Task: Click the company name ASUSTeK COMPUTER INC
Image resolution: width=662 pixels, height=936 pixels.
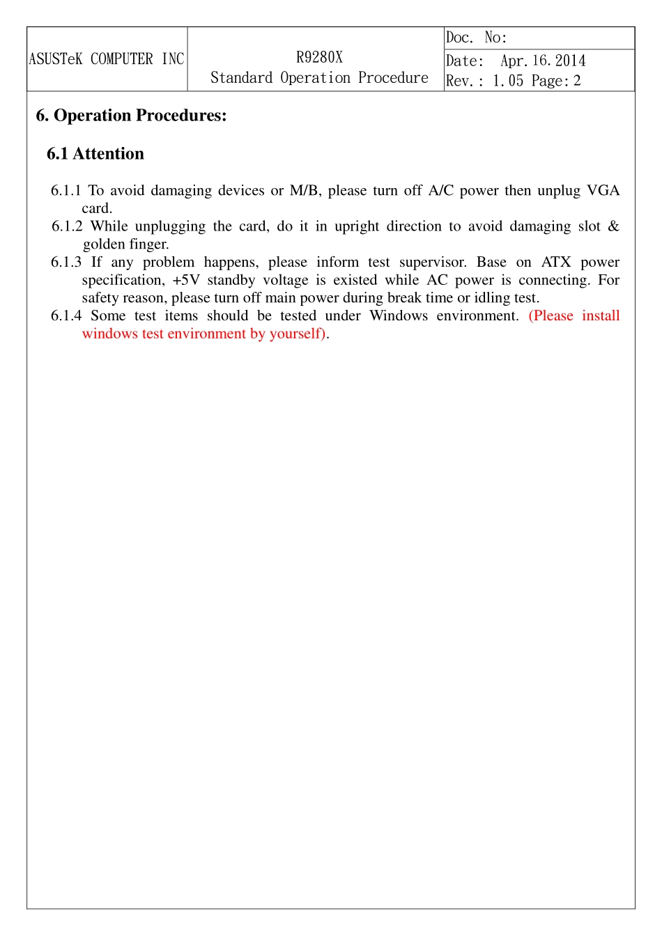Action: pos(107,59)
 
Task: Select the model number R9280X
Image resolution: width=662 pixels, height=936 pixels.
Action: pos(319,58)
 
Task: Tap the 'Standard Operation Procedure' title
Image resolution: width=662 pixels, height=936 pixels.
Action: pos(319,78)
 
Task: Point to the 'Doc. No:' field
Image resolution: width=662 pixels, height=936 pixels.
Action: pos(477,38)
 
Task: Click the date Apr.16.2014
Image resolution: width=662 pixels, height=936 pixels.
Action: pos(543,61)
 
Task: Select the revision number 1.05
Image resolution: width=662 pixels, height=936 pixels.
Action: pos(507,81)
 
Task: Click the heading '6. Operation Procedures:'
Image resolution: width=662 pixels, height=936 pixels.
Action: pos(131,116)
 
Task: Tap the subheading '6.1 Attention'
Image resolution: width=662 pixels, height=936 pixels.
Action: pos(95,154)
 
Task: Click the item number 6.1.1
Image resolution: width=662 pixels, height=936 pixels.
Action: pos(66,191)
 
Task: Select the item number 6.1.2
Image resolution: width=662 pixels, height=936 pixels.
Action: pos(67,226)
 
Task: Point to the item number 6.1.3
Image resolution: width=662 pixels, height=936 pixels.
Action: pos(66,263)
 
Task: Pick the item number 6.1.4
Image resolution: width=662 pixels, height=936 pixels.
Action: pos(66,316)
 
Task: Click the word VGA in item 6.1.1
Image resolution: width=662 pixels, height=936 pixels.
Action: pos(603,191)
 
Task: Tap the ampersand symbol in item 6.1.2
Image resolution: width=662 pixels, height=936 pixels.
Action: pos(613,226)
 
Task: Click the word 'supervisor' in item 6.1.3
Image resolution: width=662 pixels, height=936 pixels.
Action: pos(433,263)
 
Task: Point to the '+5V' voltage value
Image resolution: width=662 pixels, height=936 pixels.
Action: pos(186,280)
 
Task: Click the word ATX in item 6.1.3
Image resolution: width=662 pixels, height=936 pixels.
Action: pos(555,263)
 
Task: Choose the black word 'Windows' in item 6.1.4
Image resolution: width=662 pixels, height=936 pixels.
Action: pos(399,316)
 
